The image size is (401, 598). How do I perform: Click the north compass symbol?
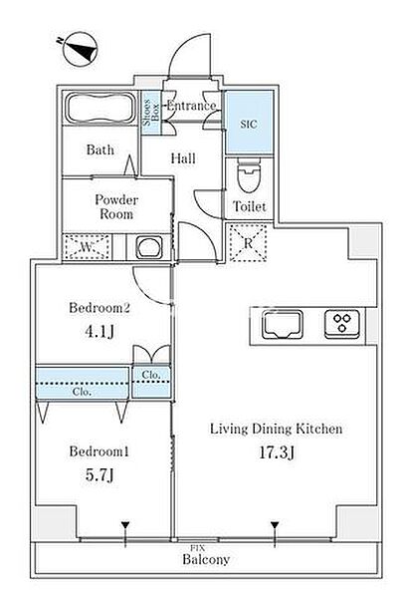[80, 50]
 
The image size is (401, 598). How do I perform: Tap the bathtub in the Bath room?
[101, 108]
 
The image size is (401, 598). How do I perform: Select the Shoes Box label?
[151, 113]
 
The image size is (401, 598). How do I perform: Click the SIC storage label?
[249, 124]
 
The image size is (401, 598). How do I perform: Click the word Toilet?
[250, 206]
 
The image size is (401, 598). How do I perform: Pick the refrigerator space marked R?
[248, 243]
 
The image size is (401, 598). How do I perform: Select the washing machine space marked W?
[88, 247]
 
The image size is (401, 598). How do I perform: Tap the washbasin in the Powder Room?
[149, 247]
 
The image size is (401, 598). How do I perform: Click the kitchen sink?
[283, 325]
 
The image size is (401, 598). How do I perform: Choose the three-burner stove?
[342, 324]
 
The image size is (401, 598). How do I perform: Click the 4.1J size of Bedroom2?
[100, 332]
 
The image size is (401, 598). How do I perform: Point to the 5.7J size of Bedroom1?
[100, 475]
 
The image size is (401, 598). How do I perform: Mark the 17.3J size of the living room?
[276, 452]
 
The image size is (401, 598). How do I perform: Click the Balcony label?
[206, 559]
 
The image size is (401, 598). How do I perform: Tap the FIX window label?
[198, 548]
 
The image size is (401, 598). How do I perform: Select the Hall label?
[183, 158]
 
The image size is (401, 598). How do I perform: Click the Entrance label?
[192, 106]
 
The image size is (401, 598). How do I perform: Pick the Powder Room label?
[116, 206]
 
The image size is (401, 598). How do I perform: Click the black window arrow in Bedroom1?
[125, 525]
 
